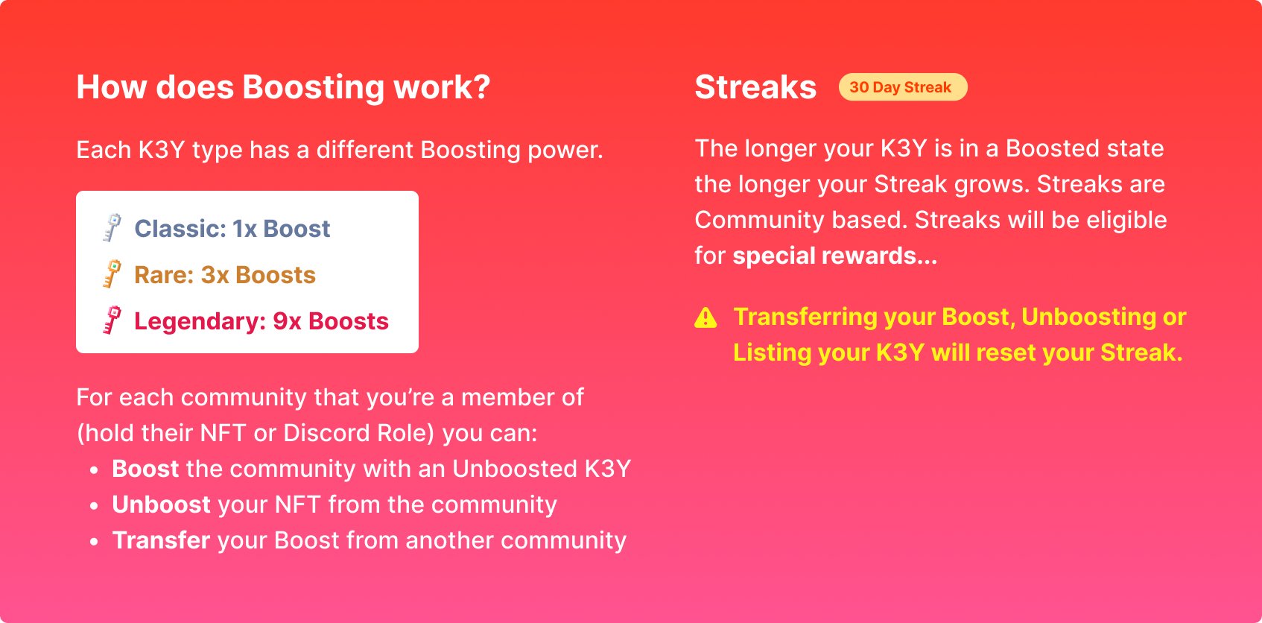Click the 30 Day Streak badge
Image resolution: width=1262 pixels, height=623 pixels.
902,87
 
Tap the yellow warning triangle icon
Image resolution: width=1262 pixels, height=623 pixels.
705,318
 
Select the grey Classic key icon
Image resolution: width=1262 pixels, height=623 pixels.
112,228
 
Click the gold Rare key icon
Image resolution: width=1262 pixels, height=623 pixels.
112,274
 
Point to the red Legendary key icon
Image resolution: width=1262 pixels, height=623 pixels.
112,320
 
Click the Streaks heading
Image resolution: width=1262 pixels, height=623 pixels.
755,87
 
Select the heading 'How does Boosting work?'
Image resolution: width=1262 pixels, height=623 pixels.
283,87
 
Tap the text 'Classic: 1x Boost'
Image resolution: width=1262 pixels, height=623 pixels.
232,229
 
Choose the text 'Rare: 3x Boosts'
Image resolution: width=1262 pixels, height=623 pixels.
224,275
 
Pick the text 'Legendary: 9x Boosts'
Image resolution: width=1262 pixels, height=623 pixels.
261,321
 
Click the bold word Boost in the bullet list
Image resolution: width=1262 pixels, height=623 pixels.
145,469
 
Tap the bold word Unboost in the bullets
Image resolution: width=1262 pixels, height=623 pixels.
161,505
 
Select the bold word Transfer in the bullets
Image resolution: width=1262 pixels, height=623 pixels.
161,540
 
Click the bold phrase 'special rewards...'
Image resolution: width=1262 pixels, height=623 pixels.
834,256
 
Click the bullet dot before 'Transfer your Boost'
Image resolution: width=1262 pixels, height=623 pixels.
94,542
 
